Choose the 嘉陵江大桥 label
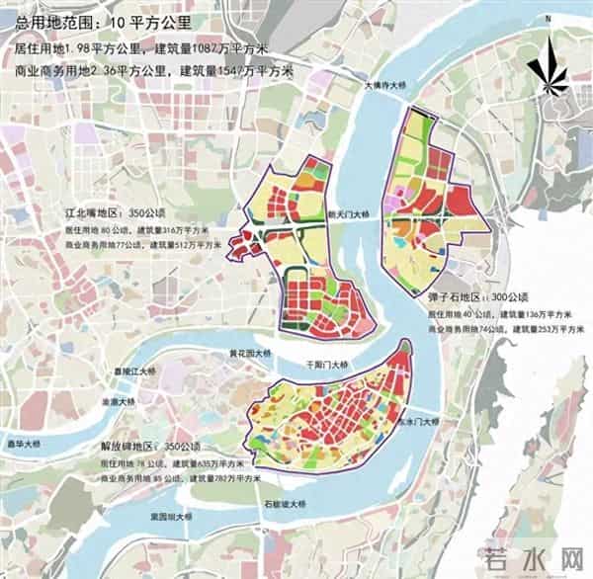134,372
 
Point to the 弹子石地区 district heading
454,297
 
